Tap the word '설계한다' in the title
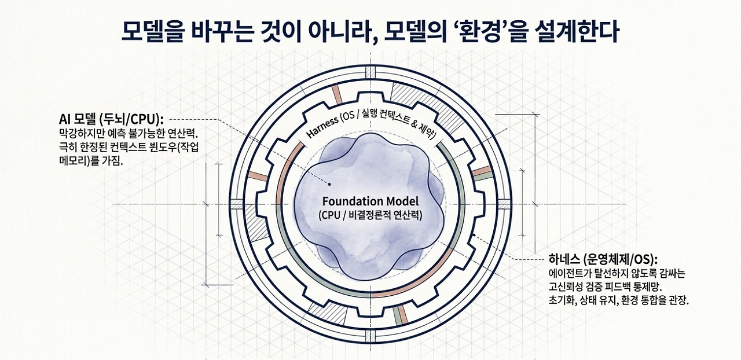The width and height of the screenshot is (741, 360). click(573, 32)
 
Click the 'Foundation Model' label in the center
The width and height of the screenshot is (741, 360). click(370, 201)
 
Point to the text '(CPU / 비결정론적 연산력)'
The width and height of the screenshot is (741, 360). click(370, 215)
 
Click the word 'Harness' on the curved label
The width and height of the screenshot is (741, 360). click(322, 128)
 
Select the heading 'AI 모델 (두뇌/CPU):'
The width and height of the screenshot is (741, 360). click(112, 119)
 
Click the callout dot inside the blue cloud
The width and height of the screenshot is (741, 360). click(329, 184)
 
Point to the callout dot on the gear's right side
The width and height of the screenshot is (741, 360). click(474, 235)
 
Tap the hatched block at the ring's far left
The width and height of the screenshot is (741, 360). click(237, 204)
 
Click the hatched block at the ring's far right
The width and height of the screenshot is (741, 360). click(504, 204)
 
